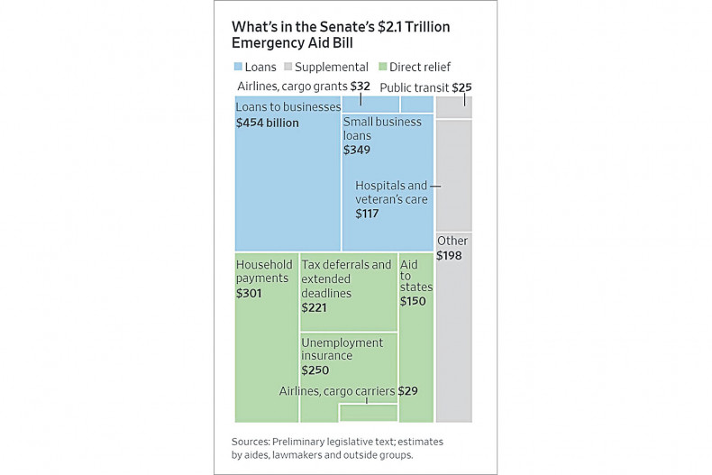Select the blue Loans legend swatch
click(238, 67)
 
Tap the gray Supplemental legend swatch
click(288, 67)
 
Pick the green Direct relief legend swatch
click(383, 67)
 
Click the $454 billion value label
click(267, 123)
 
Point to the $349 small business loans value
click(356, 150)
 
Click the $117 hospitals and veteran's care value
click(367, 214)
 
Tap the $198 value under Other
click(450, 256)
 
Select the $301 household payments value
click(249, 293)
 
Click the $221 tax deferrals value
click(314, 307)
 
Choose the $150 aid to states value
click(413, 301)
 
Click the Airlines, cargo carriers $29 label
click(348, 391)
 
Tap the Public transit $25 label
click(425, 87)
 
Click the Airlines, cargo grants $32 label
click(304, 87)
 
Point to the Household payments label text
click(264, 271)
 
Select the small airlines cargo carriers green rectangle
click(368, 413)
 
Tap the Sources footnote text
click(337, 448)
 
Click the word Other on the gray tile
click(452, 241)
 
